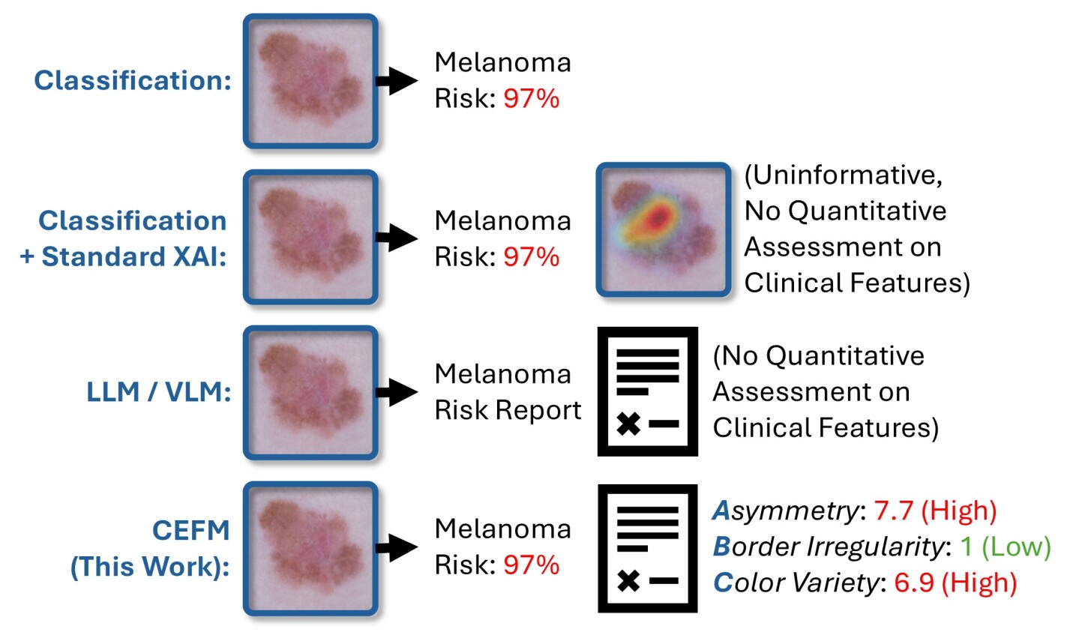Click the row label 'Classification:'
(133, 80)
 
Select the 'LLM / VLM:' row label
(158, 391)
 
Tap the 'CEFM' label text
(190, 530)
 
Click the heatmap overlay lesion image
(663, 229)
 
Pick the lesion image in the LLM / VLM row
(310, 392)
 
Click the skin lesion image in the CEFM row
(310, 548)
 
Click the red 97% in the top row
(531, 99)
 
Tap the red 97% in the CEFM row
(531, 565)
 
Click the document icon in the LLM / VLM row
(647, 391)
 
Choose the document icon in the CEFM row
(647, 548)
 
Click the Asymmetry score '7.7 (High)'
(935, 511)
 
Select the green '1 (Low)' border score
(1006, 547)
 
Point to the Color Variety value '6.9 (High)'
(955, 583)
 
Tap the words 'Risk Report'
(508, 410)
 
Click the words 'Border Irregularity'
(827, 547)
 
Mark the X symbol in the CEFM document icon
(628, 580)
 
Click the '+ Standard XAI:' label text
(123, 256)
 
